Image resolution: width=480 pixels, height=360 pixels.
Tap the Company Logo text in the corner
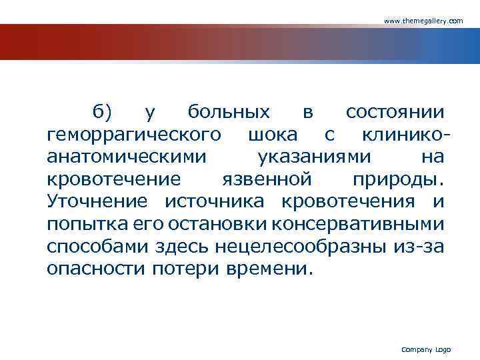click(x=426, y=349)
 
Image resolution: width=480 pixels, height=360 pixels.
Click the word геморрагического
click(x=134, y=135)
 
